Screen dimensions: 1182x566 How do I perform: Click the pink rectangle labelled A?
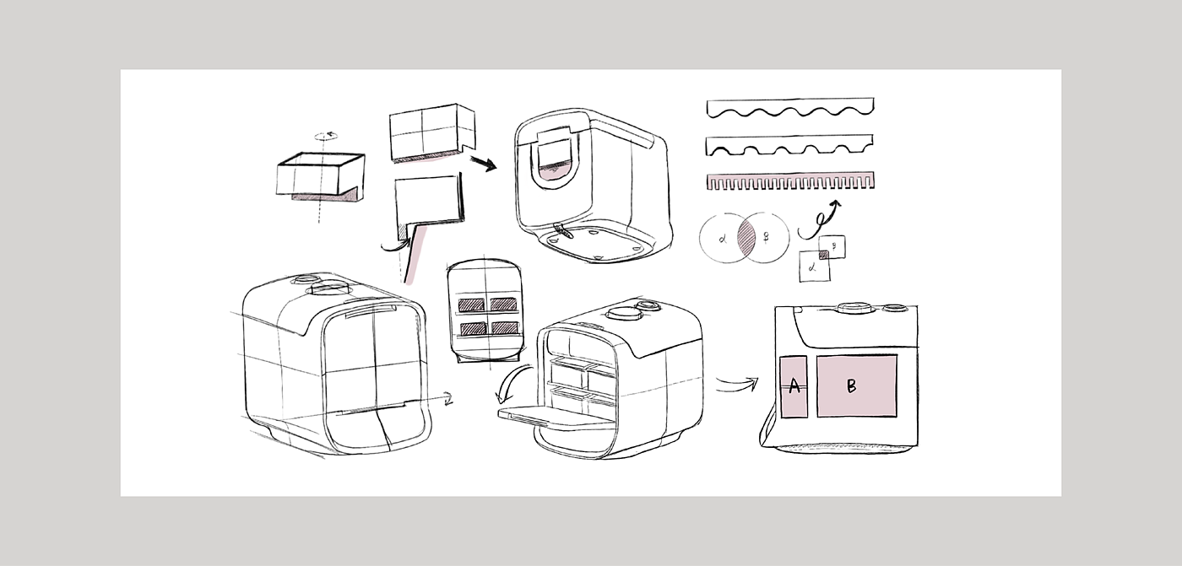794,387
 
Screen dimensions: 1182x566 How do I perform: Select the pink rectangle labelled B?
856,385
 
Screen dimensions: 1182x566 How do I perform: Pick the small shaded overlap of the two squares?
824,254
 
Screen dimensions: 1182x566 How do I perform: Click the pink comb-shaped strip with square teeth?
789,181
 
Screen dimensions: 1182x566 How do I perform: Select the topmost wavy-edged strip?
789,107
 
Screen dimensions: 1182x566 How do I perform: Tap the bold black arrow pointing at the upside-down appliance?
483,162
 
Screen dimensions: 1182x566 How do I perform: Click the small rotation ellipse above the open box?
325,135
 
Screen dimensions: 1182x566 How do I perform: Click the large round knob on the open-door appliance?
622,312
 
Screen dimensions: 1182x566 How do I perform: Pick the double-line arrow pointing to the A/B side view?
736,385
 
